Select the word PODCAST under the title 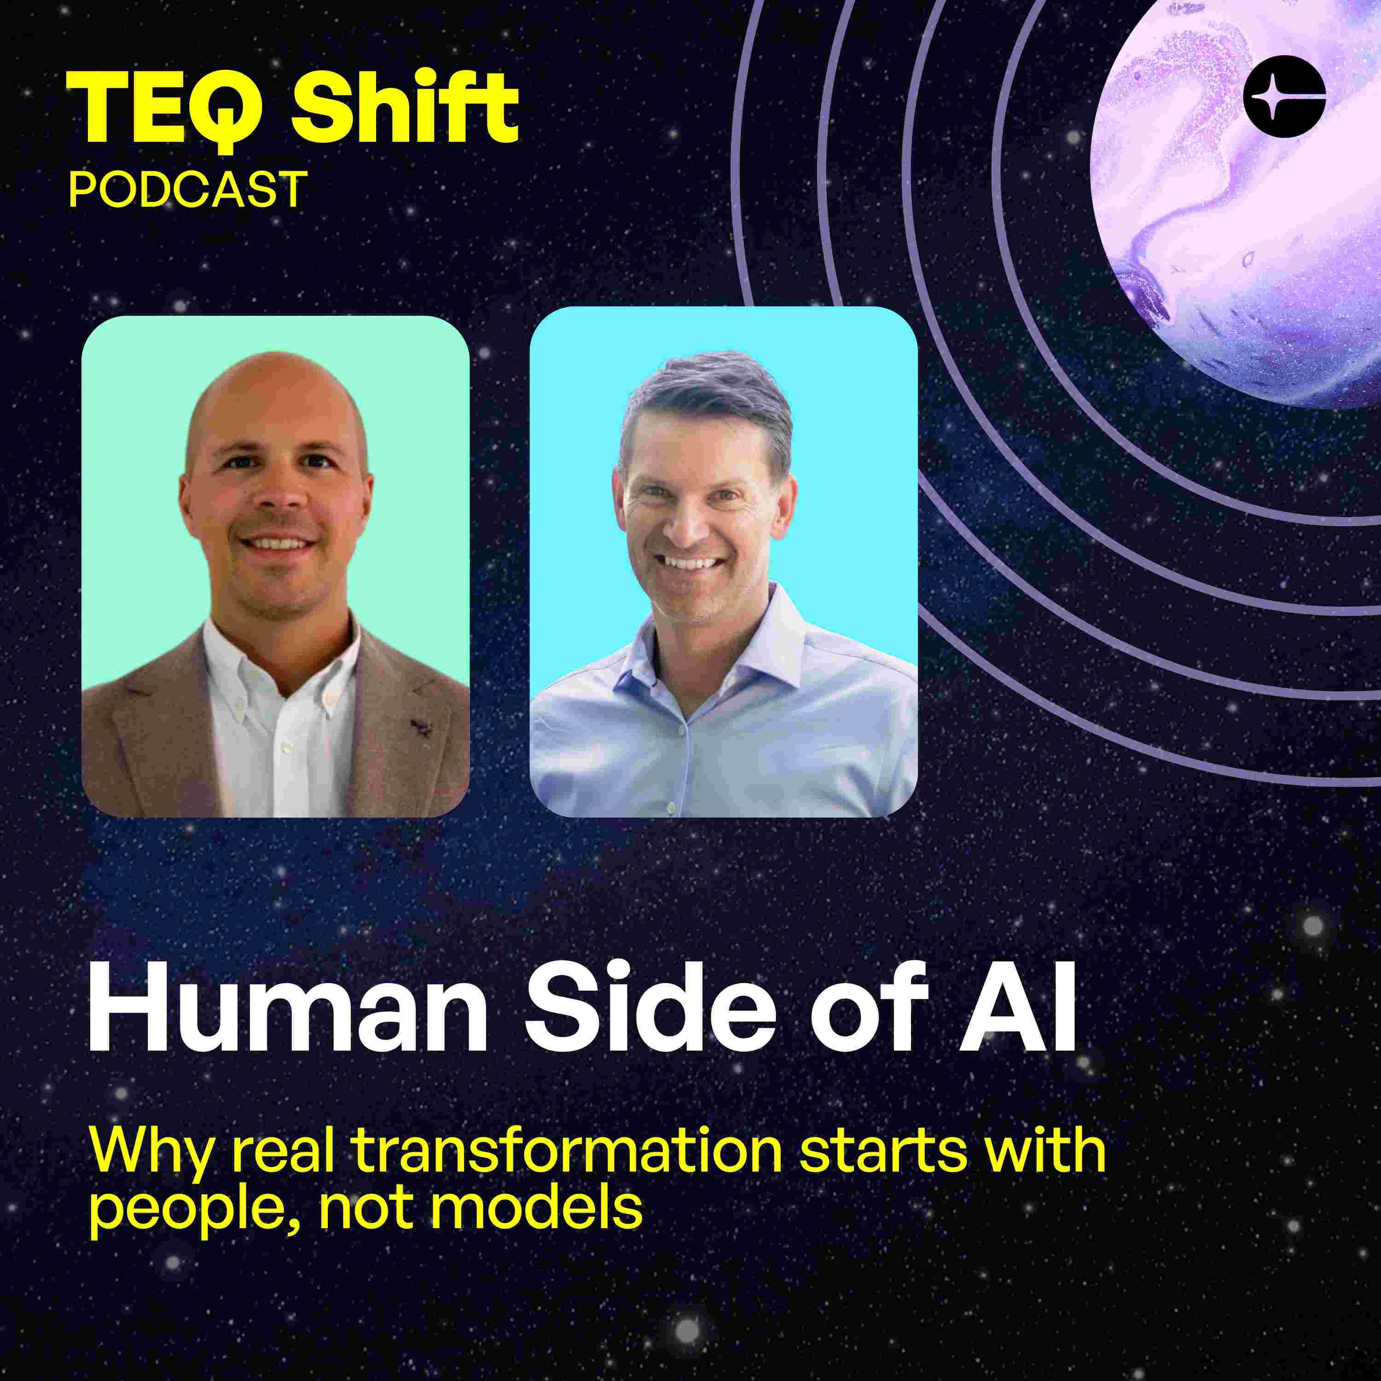tap(187, 189)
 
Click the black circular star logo tap(1284, 97)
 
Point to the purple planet tap(1244, 200)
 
